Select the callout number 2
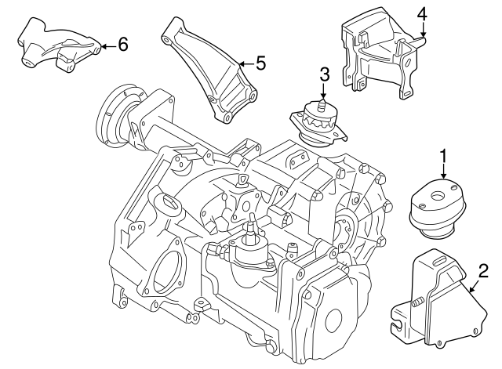tap(483, 271)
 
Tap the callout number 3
tap(323, 76)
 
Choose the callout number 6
tap(122, 45)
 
